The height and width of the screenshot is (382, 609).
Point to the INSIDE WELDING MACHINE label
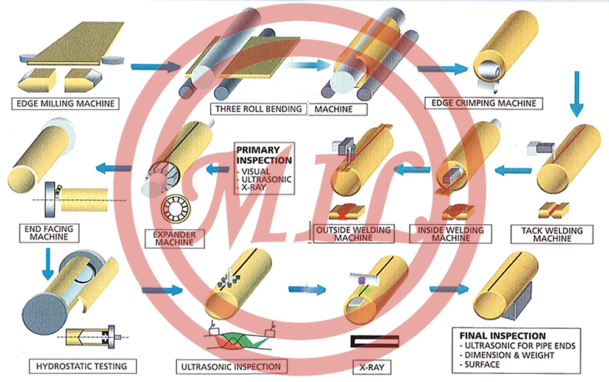[x=452, y=234]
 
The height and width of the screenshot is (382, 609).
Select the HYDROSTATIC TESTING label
[x=82, y=366]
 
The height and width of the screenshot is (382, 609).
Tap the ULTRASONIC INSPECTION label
[x=231, y=367]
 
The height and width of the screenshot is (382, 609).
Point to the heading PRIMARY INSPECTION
[x=264, y=155]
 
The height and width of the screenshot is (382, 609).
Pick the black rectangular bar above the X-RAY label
[x=374, y=341]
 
